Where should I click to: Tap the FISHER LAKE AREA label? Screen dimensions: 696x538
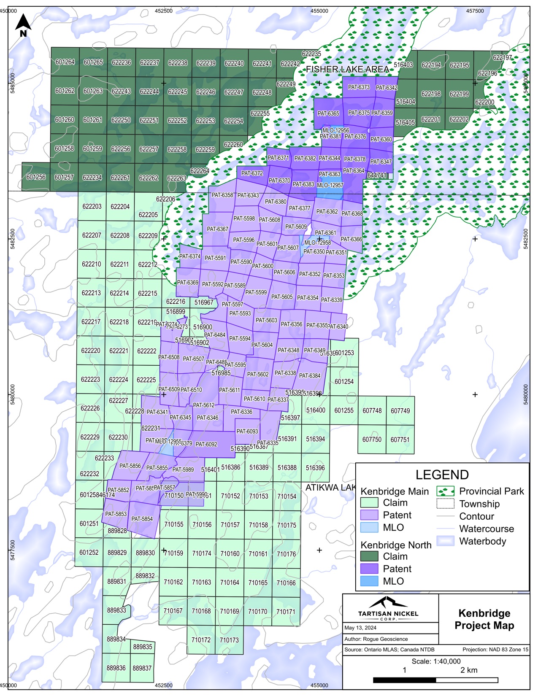coord(347,69)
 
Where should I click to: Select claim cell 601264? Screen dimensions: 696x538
coord(65,62)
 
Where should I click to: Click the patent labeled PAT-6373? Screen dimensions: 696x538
coord(359,87)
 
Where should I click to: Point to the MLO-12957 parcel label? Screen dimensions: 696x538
coord(330,185)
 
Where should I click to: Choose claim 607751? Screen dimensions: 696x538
coord(400,440)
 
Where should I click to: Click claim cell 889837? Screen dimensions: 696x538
coord(142,668)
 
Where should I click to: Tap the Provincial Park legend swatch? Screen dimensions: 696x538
coord(446,491)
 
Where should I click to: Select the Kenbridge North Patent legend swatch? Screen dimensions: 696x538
coord(369,569)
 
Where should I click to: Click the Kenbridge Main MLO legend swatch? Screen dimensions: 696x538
coord(369,527)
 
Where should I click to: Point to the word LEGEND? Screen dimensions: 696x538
coord(442,475)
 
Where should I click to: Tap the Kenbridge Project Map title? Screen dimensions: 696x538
coord(484,619)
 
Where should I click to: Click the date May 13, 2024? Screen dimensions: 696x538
coord(360,628)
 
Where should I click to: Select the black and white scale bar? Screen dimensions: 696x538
coord(435,680)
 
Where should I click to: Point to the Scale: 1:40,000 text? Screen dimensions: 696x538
coord(436,661)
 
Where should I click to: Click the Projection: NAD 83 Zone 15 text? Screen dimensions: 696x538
coord(495,650)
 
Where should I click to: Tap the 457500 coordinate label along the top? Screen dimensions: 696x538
coord(475,11)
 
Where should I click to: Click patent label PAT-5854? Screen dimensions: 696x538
coord(142,519)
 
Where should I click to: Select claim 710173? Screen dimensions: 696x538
coord(229,640)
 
